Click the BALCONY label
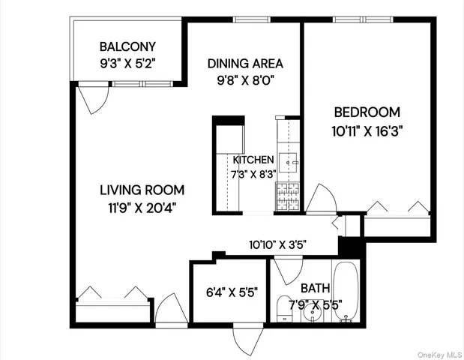[127, 45]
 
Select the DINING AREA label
[245, 64]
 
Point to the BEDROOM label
[367, 112]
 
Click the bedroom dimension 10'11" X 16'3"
[367, 130]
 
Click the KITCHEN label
[253, 160]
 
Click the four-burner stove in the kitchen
[289, 196]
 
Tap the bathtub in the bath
[346, 292]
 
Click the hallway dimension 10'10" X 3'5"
[277, 244]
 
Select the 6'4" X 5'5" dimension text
[232, 292]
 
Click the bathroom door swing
[286, 268]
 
